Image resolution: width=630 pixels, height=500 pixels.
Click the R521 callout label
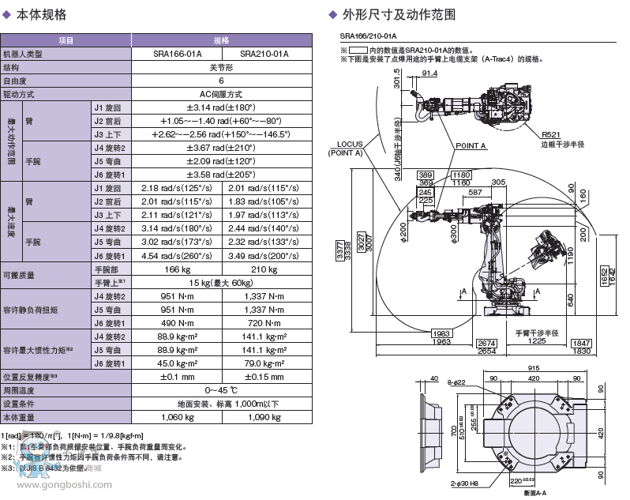pyautogui.click(x=552, y=135)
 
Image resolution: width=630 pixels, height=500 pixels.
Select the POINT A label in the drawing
pyautogui.click(x=471, y=146)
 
